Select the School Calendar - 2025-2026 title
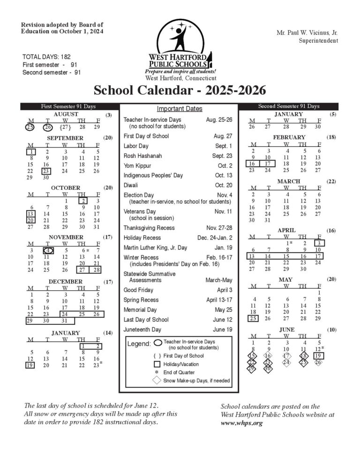point(180,90)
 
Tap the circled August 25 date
point(30,127)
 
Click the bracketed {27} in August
point(65,127)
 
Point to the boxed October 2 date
point(81,201)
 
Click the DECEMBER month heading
point(66,282)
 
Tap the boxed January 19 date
point(30,365)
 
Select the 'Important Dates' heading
point(180,109)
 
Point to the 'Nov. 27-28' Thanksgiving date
point(219,228)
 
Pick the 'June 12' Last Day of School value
point(223,320)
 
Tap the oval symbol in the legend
point(157,343)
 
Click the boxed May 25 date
point(253,319)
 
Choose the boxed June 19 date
point(319,355)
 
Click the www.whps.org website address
point(241,423)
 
